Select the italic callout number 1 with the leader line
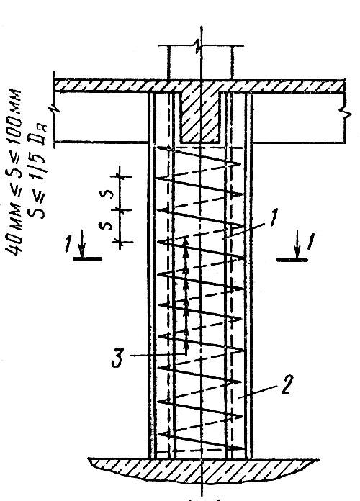point(274,217)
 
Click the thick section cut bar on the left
point(88,259)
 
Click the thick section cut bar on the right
point(292,260)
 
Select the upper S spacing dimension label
point(109,194)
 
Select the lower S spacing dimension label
point(109,225)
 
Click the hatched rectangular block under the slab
point(200,117)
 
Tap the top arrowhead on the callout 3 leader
point(186,242)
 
